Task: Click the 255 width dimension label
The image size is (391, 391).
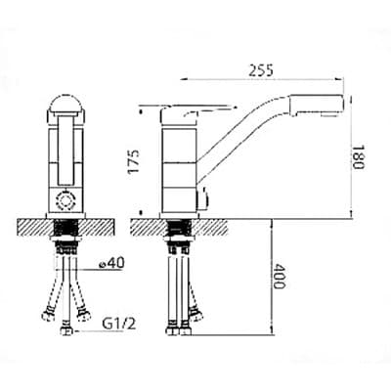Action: [261, 70]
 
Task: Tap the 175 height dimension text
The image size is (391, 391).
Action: [134, 161]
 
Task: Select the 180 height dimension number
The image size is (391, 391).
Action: [358, 157]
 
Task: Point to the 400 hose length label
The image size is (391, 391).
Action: [279, 277]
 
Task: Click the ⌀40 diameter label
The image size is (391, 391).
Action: [111, 263]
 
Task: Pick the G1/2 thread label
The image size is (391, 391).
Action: [119, 325]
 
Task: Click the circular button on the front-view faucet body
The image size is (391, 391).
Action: [65, 200]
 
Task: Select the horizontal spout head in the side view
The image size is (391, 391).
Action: [317, 105]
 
